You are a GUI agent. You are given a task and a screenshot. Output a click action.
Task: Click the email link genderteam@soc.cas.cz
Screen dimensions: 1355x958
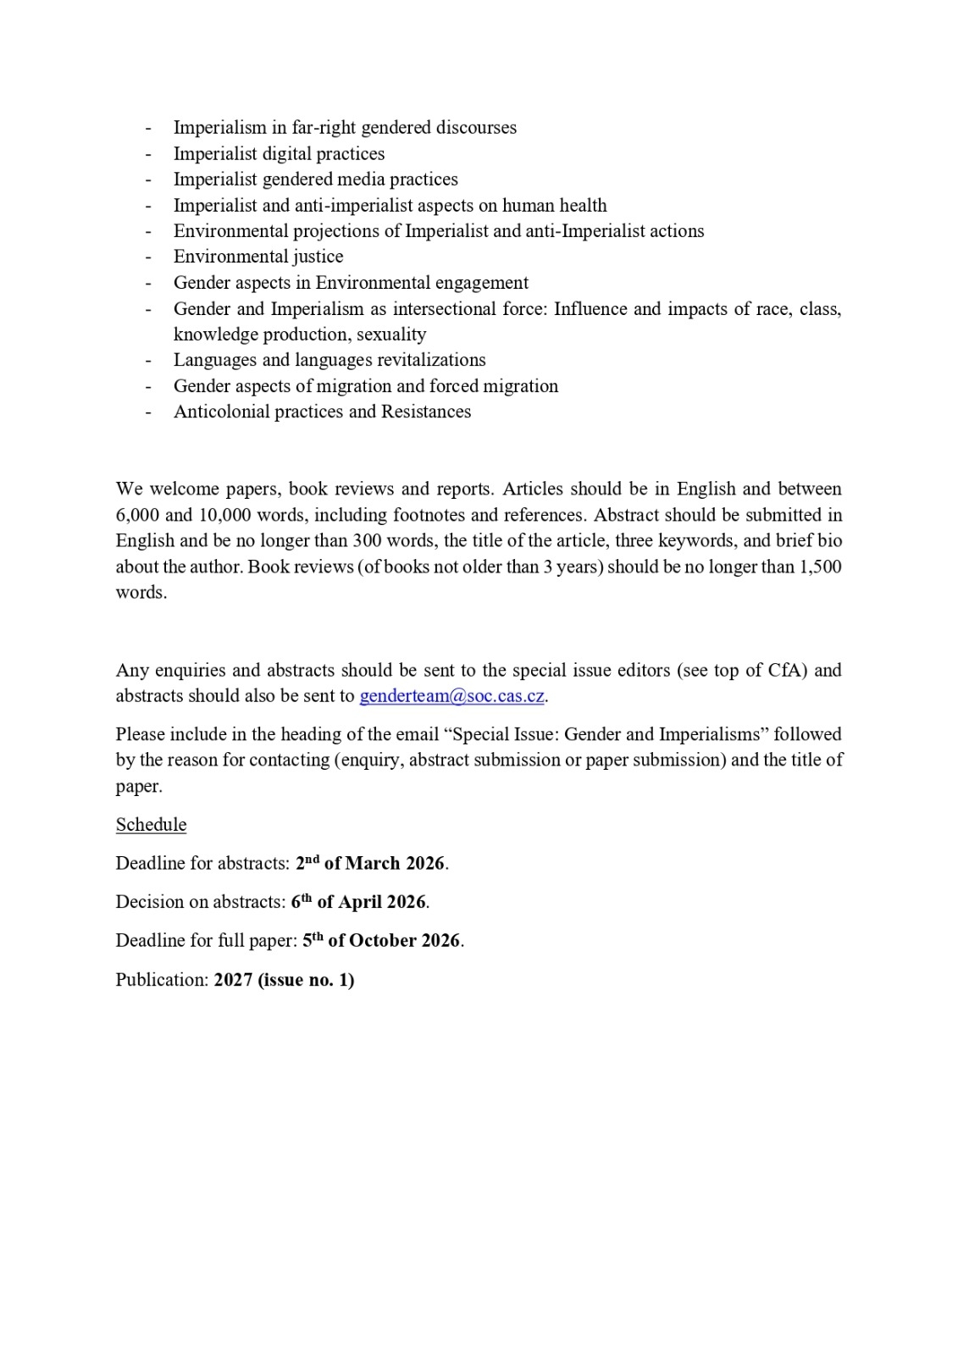click(452, 696)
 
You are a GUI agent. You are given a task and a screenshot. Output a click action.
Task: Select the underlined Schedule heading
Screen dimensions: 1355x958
click(151, 825)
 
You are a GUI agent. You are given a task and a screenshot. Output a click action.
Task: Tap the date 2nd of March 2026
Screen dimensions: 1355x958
click(370, 863)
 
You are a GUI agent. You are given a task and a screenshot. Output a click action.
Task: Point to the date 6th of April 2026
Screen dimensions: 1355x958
click(358, 902)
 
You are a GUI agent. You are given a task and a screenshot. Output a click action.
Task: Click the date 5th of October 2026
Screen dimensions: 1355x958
click(382, 941)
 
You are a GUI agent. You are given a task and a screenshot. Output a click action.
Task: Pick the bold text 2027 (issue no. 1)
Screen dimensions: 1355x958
click(284, 980)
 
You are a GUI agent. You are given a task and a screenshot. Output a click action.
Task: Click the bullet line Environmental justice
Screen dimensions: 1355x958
click(258, 257)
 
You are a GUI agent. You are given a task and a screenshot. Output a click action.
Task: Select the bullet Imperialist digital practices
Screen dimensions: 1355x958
click(279, 153)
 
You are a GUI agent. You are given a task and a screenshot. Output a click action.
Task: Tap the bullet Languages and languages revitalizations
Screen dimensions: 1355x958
click(329, 360)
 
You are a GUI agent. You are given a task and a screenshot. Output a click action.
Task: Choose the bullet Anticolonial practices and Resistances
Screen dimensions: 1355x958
click(322, 412)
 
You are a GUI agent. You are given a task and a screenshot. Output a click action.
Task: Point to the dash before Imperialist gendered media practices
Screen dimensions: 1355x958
click(148, 180)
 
